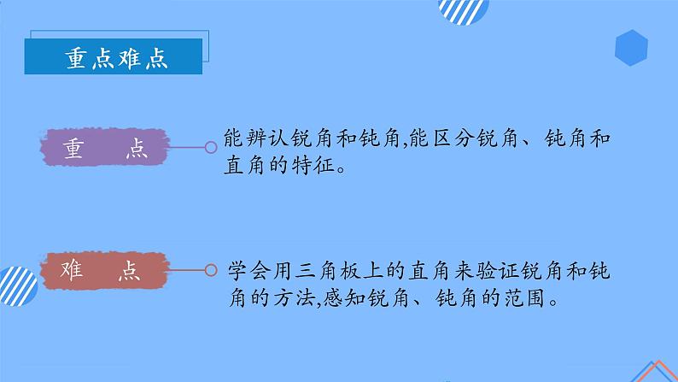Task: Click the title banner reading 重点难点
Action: (116, 57)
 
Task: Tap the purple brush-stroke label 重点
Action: (105, 148)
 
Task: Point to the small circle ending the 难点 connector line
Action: (210, 270)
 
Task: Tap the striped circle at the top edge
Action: (463, 10)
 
